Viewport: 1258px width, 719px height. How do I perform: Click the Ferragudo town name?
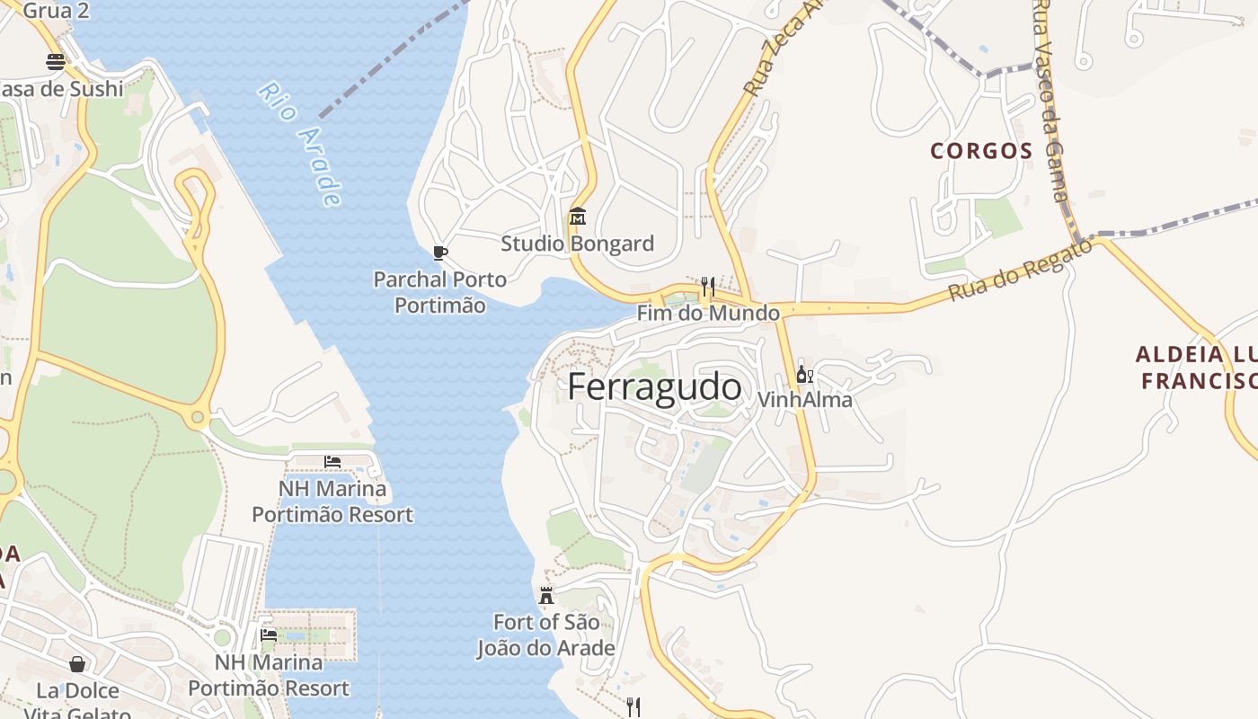655,387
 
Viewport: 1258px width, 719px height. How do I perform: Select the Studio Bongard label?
577,244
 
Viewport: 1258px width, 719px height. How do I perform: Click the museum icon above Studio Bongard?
577,217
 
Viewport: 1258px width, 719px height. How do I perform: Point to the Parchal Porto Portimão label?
440,292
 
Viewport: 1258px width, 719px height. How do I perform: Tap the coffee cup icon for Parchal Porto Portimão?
439,253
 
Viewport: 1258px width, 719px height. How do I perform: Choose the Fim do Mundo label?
708,313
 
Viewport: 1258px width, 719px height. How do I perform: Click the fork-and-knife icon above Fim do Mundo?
708,287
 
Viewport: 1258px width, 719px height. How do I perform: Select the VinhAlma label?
805,400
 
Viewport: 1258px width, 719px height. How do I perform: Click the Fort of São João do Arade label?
545,635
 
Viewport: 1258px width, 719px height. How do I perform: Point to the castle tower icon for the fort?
545,595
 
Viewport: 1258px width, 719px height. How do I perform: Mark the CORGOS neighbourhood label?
981,151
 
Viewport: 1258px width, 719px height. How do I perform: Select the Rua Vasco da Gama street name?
1050,99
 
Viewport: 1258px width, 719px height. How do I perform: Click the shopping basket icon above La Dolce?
77,664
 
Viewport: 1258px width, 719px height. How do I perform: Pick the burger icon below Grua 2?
56,62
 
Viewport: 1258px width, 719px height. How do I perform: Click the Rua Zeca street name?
772,49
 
